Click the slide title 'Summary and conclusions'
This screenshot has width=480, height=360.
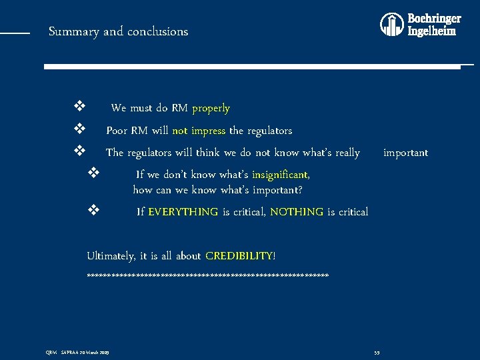(x=118, y=31)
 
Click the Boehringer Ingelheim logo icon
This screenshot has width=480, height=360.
(x=391, y=25)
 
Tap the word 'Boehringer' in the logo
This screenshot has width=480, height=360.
(x=434, y=19)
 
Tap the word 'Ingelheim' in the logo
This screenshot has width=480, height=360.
(x=432, y=31)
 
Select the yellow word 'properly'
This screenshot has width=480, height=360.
(x=211, y=108)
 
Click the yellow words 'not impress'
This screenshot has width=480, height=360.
(x=199, y=131)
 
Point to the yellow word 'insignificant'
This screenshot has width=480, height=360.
(x=280, y=175)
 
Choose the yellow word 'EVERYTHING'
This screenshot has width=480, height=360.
(x=183, y=212)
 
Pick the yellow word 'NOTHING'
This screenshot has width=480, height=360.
(x=297, y=212)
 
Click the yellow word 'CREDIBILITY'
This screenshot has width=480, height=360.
(x=239, y=256)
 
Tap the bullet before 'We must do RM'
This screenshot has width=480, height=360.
(x=79, y=107)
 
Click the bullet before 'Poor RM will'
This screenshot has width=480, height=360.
(x=79, y=129)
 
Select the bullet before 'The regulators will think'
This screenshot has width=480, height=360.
(x=79, y=151)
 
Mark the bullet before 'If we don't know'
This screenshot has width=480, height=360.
(x=93, y=173)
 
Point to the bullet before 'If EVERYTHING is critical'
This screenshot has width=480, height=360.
(x=93, y=211)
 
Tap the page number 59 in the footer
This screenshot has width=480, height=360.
(x=377, y=352)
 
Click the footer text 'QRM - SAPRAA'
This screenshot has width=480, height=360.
(x=77, y=352)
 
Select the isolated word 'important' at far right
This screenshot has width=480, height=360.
(x=405, y=153)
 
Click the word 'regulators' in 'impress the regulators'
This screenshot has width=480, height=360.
(x=268, y=131)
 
